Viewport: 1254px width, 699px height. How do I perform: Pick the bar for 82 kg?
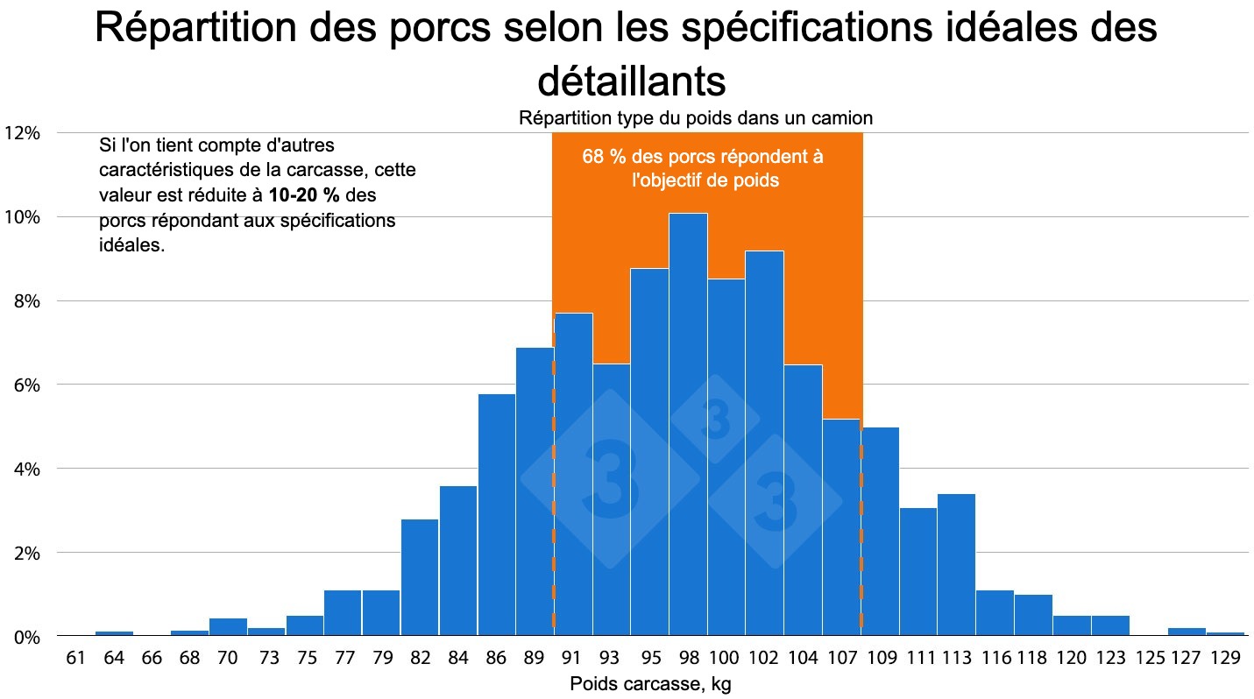420,577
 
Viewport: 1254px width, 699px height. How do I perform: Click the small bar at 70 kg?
228,626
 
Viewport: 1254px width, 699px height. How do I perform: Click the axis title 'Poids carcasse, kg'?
649,684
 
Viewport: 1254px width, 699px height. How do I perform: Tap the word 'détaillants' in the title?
631,81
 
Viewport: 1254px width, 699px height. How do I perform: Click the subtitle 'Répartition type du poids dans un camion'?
696,117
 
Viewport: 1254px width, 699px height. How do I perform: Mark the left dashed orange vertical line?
553,508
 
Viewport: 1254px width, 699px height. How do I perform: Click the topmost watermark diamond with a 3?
715,420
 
